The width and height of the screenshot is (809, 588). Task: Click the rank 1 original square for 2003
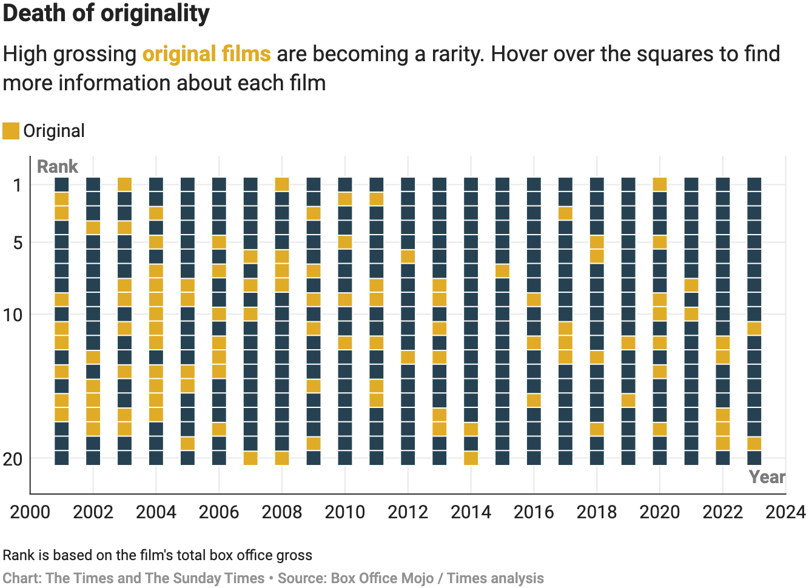[x=124, y=184]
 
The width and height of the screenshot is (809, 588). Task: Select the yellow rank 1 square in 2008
[x=282, y=184]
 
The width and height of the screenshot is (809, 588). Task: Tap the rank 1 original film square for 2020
[x=660, y=184]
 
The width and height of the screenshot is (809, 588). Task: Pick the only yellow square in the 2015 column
[x=502, y=271]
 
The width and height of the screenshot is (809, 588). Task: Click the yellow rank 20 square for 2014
[x=471, y=458]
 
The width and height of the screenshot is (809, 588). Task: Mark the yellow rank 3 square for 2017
[x=565, y=213]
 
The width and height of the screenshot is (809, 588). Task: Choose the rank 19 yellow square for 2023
[x=754, y=444]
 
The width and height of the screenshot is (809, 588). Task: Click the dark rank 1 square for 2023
[x=754, y=184]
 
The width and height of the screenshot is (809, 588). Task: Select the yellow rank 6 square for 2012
[x=408, y=256]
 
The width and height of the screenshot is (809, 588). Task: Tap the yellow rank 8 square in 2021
[x=691, y=285]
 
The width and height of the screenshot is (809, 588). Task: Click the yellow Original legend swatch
[x=11, y=131]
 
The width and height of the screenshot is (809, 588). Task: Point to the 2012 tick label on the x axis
[x=408, y=512]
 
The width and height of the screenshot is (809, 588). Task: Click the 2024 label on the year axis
[x=785, y=512]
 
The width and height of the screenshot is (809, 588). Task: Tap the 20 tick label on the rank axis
[x=13, y=459]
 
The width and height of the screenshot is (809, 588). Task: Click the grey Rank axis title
[x=58, y=167]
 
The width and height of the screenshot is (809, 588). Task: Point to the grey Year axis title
[x=767, y=477]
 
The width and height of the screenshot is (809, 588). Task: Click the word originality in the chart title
[x=152, y=13]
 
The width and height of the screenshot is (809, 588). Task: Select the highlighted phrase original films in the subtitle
[x=206, y=54]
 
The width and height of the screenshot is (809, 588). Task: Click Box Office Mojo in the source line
[x=382, y=578]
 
